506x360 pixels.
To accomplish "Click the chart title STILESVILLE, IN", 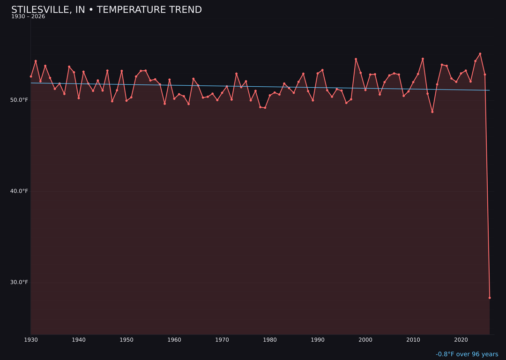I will [106, 10].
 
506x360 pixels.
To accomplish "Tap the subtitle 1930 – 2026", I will [28, 17].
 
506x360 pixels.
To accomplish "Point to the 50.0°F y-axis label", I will [19, 100].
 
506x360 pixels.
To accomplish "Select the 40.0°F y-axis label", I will [19, 191].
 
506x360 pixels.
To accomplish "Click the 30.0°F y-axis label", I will [19, 282].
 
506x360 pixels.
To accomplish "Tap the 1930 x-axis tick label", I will [31, 340].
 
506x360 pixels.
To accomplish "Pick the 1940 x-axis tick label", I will [79, 340].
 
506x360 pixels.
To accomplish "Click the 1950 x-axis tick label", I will [126, 340].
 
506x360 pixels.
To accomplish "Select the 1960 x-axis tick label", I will [174, 340].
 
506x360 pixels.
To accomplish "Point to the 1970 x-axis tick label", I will [222, 340].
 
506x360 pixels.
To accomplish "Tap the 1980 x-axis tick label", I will [270, 340].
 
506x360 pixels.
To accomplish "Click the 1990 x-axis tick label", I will [318, 340].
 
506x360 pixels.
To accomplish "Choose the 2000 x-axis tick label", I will [365, 340].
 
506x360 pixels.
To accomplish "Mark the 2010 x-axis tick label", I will [413, 340].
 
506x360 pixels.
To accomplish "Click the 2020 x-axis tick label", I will [461, 340].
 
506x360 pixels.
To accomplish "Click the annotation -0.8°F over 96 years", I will [467, 354].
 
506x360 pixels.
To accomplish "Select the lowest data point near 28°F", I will [490, 298].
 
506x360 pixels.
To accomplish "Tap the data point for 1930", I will [31, 76].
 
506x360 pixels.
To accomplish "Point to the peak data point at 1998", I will [356, 59].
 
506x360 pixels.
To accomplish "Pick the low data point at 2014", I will [432, 112].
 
